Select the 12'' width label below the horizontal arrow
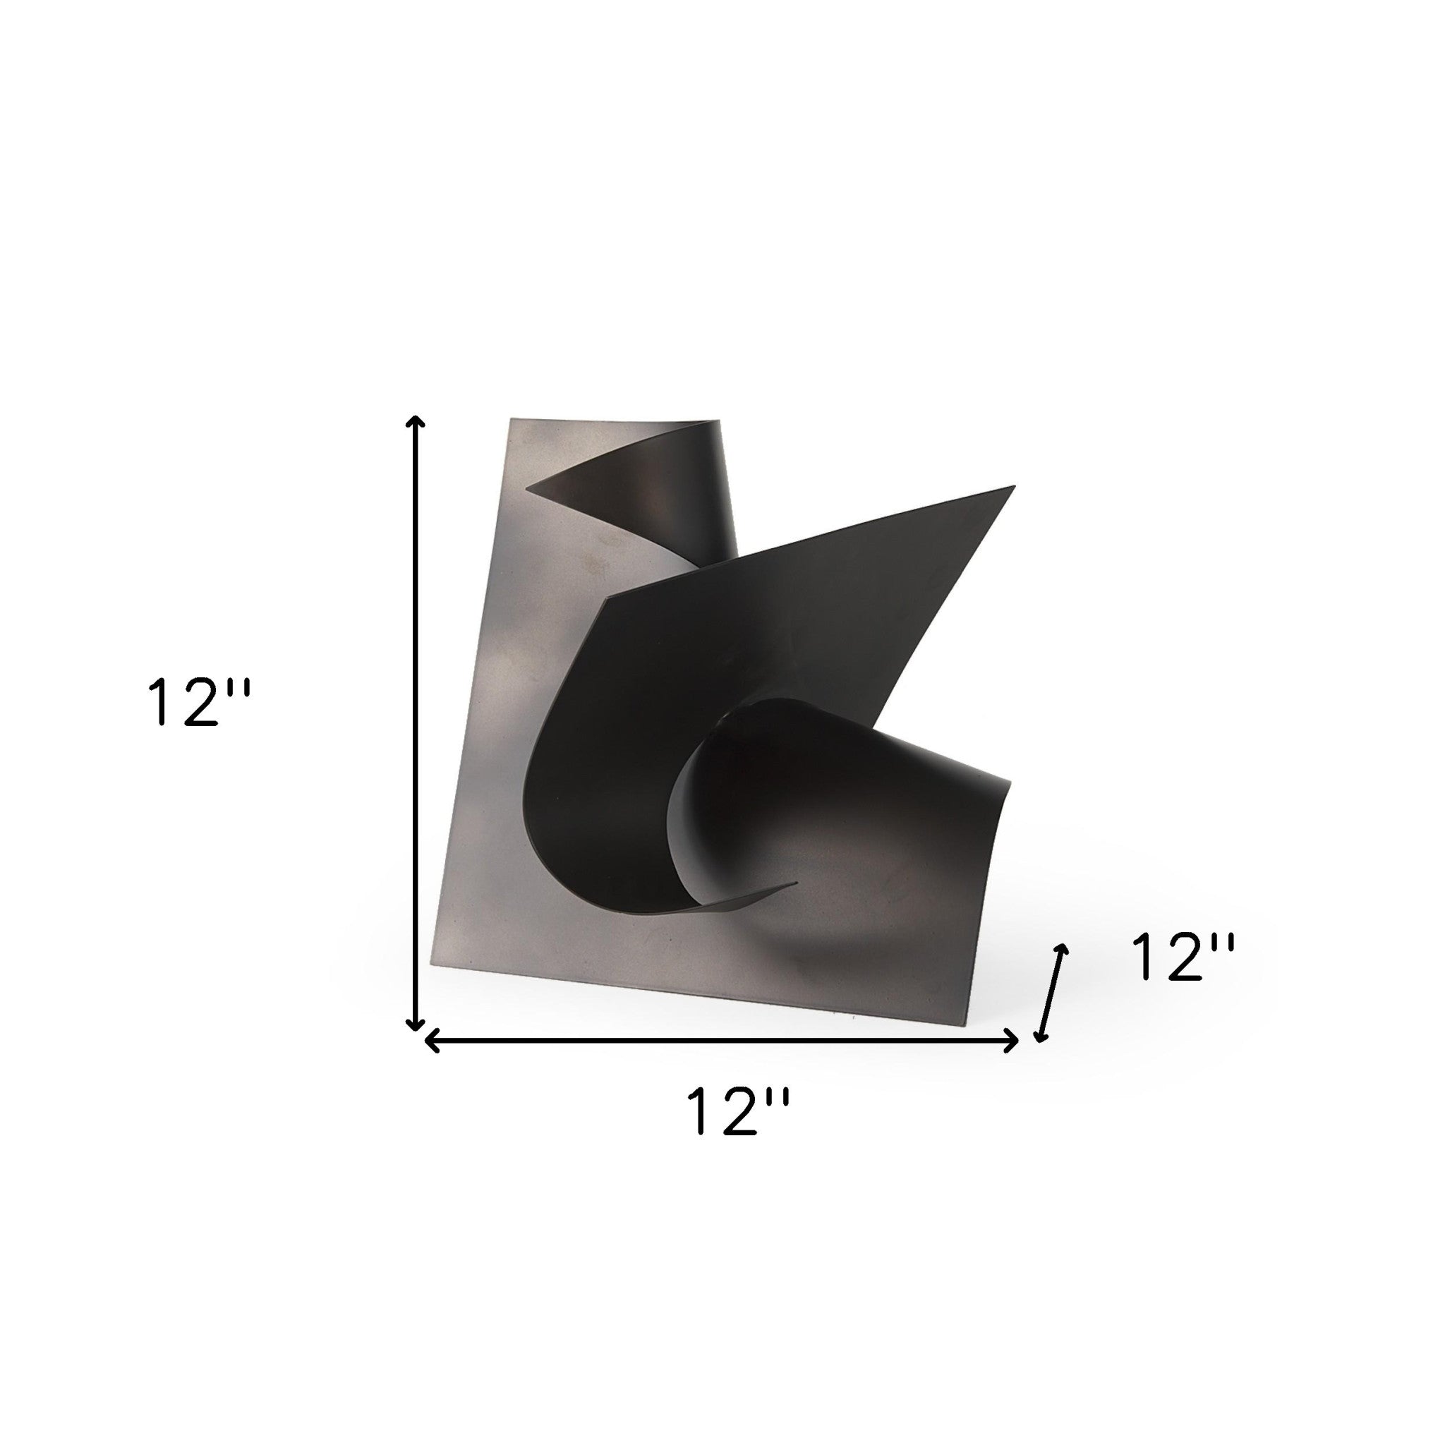[738, 1133]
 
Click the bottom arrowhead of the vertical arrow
[415, 1025]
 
